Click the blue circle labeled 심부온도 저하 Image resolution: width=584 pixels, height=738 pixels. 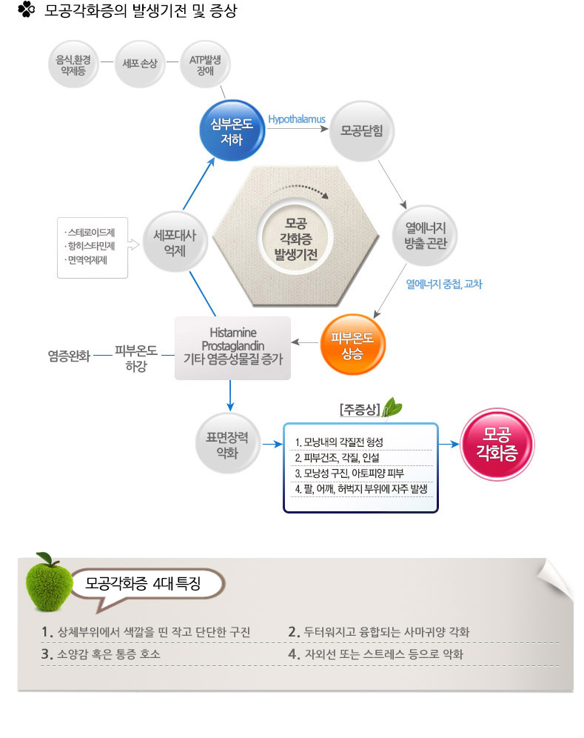[232, 131]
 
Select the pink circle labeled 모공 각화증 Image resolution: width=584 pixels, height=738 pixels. [497, 444]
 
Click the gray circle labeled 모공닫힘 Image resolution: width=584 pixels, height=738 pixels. [362, 131]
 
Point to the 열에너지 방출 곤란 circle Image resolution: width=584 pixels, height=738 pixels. [425, 236]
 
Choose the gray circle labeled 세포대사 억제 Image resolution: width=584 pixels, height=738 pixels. [175, 243]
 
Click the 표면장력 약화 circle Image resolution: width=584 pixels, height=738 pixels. [227, 444]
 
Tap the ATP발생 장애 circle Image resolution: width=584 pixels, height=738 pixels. [205, 64]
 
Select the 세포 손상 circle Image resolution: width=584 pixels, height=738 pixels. [140, 64]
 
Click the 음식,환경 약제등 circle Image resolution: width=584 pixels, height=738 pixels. [73, 64]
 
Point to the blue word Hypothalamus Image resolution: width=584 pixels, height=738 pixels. [297, 119]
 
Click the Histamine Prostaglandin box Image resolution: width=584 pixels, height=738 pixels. [232, 348]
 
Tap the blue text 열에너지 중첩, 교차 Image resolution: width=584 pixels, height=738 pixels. [444, 284]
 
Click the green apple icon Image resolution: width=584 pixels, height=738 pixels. [48, 582]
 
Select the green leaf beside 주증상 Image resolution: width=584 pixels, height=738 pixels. [392, 407]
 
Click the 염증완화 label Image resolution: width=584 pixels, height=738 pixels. [69, 356]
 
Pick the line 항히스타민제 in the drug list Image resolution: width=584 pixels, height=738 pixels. [90, 246]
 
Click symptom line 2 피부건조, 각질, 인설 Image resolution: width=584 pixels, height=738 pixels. [337, 457]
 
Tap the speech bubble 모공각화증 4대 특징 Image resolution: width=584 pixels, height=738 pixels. [147, 586]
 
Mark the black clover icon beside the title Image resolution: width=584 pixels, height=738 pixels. [27, 10]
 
